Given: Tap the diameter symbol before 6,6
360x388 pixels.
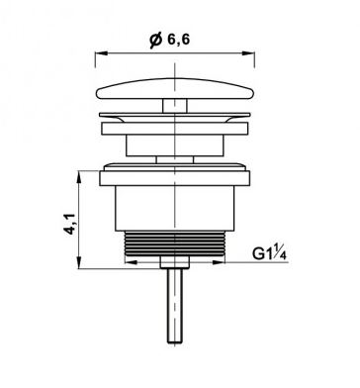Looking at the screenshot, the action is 156,41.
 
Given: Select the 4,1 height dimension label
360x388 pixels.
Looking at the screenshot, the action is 70,224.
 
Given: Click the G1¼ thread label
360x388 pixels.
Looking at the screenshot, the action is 269,253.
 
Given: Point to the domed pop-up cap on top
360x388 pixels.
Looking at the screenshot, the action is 175,88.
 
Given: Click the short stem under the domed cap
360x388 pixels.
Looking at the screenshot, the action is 175,106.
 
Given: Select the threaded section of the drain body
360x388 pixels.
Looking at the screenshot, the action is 175,243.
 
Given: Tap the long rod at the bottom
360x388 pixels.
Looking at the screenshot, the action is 175,306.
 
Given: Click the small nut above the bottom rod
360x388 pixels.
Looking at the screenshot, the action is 175,262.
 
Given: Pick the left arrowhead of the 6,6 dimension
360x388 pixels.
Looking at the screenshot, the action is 102,53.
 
